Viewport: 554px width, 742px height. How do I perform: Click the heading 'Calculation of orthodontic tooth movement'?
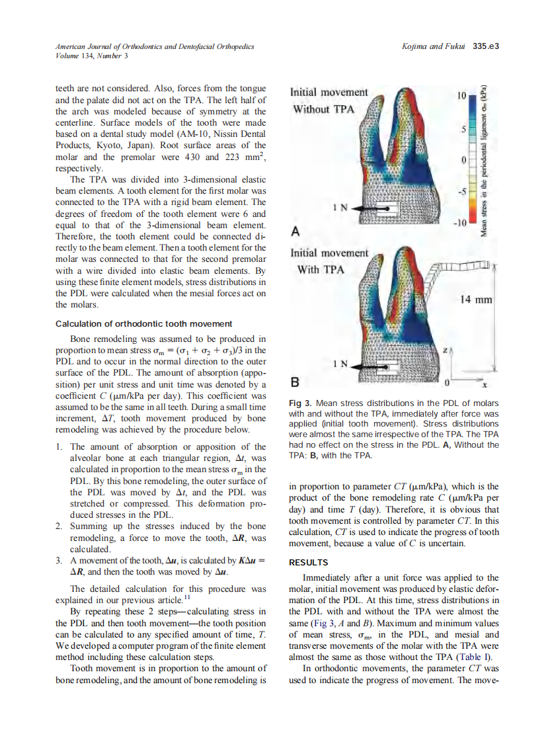tap(143, 323)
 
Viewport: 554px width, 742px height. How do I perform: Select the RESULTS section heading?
tap(308, 562)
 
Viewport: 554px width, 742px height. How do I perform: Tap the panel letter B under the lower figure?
tap(296, 382)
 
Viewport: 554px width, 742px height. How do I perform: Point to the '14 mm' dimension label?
tap(475, 300)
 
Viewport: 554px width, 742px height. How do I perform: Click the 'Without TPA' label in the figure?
tap(324, 108)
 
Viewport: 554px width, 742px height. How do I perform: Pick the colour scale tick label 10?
tap(461, 97)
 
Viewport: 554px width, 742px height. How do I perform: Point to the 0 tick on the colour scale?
tap(464, 160)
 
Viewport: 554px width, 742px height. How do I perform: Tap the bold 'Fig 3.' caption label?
tap(303, 403)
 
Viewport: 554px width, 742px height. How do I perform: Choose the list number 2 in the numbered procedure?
tap(59, 526)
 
